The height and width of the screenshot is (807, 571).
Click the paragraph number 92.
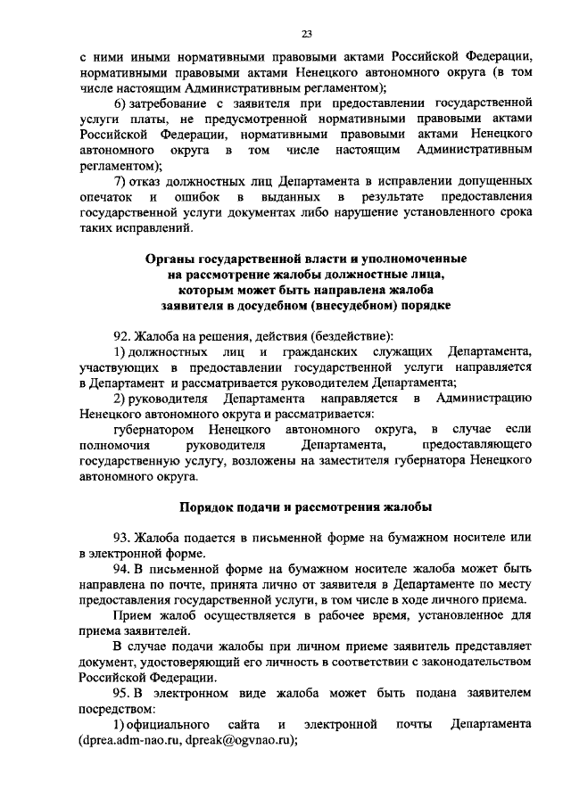click(122, 335)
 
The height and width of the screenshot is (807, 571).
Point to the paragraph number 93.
click(122, 537)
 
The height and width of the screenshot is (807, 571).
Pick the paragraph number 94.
click(122, 567)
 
